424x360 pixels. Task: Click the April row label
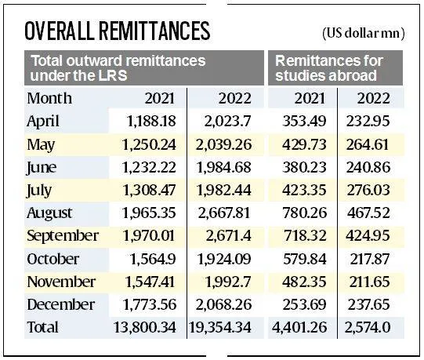pos(44,121)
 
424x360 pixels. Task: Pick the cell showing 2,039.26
pos(223,144)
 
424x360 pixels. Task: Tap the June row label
pos(42,166)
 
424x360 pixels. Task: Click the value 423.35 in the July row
pos(302,189)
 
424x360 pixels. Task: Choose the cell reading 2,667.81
pos(223,213)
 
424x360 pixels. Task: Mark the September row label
pos(63,235)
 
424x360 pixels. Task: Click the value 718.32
pos(302,235)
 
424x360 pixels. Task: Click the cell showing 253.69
pos(302,304)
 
